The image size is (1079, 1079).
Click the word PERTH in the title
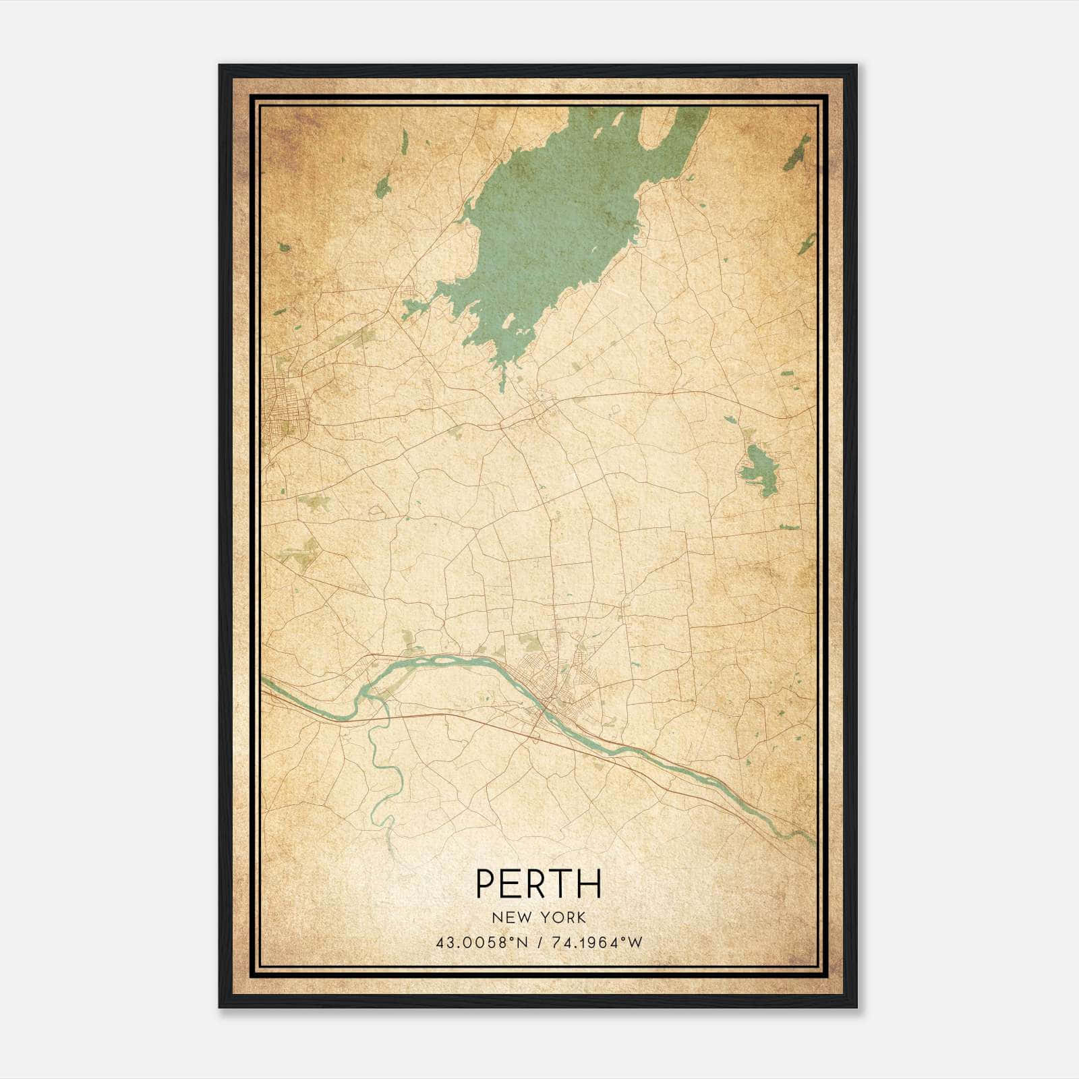pos(539,883)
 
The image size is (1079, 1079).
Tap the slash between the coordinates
pos(539,943)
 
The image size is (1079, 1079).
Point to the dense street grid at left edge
pos(283,405)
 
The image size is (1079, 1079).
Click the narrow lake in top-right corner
pos(798,152)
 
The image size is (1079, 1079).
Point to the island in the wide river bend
pos(432,664)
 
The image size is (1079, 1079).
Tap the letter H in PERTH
pos(590,883)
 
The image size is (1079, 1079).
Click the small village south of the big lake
pos(543,405)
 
